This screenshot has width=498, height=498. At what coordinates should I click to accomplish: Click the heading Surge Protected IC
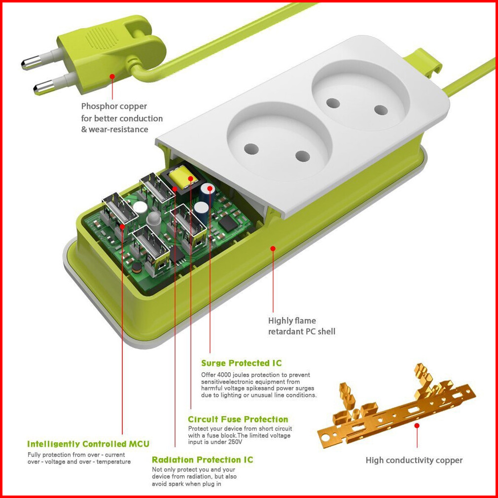(242, 363)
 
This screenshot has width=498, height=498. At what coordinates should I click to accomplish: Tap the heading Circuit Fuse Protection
(238, 419)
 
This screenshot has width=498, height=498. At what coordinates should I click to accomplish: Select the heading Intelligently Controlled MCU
(88, 444)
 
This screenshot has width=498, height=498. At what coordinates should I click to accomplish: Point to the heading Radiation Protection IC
(202, 460)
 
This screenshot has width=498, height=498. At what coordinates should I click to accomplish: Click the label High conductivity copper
(414, 460)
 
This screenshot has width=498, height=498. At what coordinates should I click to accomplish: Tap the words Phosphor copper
(114, 106)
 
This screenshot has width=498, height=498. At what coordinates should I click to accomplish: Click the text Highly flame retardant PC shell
(301, 326)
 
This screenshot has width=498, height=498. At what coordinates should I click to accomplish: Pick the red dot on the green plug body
(112, 76)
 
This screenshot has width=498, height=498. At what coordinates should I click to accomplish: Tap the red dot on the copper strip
(417, 425)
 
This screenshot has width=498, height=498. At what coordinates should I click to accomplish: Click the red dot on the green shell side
(273, 249)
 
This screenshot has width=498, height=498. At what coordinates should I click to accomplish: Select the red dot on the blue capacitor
(210, 188)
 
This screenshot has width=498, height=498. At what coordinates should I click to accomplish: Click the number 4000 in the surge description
(224, 375)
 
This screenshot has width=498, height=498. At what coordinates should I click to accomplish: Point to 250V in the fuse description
(235, 442)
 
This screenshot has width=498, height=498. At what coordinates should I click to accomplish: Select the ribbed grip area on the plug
(102, 38)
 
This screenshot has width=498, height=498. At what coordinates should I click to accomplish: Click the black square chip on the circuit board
(228, 223)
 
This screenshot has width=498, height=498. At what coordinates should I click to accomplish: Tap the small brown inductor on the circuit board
(137, 268)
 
